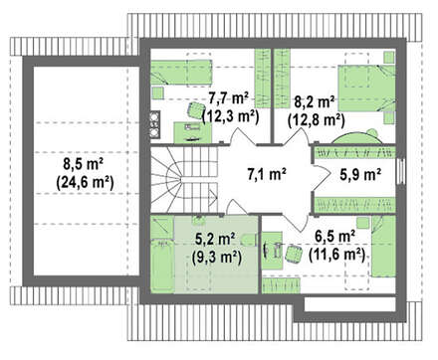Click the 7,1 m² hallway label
(267, 174)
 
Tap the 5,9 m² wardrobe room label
(360, 174)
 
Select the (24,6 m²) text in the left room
(85, 183)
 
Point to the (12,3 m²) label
(230, 116)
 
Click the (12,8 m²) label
(317, 119)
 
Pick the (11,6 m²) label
(336, 256)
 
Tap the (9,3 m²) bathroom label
(217, 258)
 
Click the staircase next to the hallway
(184, 179)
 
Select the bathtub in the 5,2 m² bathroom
(162, 267)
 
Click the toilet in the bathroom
(248, 240)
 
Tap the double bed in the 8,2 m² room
(366, 89)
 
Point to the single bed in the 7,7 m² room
(181, 72)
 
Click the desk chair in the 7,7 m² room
(195, 110)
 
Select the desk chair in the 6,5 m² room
(293, 254)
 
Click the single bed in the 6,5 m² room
(383, 246)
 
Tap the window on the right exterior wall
(401, 171)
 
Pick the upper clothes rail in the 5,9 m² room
(354, 152)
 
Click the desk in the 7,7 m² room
(193, 132)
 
